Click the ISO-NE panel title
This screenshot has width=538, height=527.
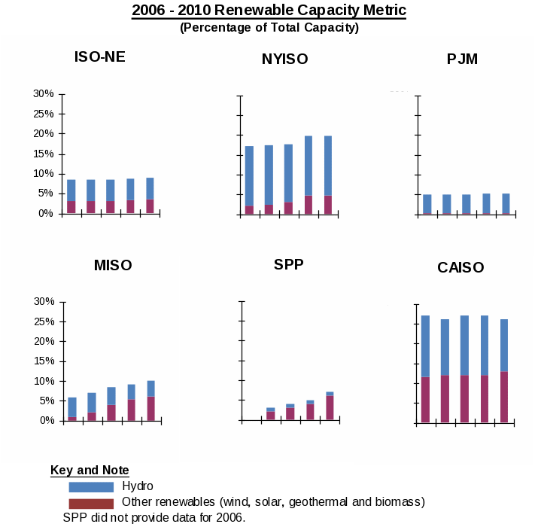click(99, 56)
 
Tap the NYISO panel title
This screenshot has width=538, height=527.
click(284, 59)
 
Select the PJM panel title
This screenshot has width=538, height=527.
click(462, 59)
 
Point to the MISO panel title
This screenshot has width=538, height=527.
click(113, 265)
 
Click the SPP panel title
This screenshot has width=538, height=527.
click(289, 264)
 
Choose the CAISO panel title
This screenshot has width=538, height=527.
click(460, 267)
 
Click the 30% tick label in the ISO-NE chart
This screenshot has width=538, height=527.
click(43, 94)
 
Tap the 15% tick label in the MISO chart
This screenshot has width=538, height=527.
click(43, 361)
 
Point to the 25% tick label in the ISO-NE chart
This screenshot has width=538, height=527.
click(43, 114)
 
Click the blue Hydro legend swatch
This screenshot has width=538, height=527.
click(91, 487)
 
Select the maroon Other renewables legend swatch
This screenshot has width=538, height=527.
click(91, 503)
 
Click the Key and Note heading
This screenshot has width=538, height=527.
click(90, 471)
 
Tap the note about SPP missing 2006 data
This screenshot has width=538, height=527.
click(154, 517)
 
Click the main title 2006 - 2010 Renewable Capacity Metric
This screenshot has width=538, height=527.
click(269, 11)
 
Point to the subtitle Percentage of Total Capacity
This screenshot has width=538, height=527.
click(269, 28)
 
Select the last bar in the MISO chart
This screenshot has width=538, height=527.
click(150, 401)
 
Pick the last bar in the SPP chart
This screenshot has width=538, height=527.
click(330, 406)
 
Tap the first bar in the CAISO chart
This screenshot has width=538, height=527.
click(425, 369)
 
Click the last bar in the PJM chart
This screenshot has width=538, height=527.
click(506, 204)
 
